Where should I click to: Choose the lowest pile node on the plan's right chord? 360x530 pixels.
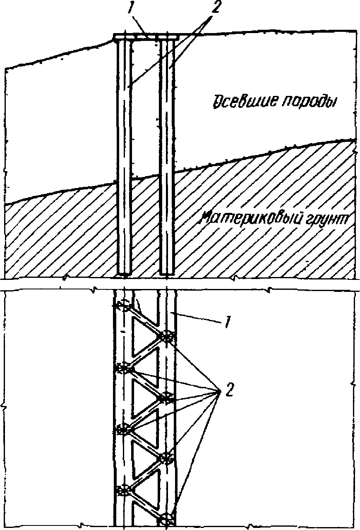[x=166, y=519]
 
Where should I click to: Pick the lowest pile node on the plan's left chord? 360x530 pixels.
[x=123, y=491]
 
